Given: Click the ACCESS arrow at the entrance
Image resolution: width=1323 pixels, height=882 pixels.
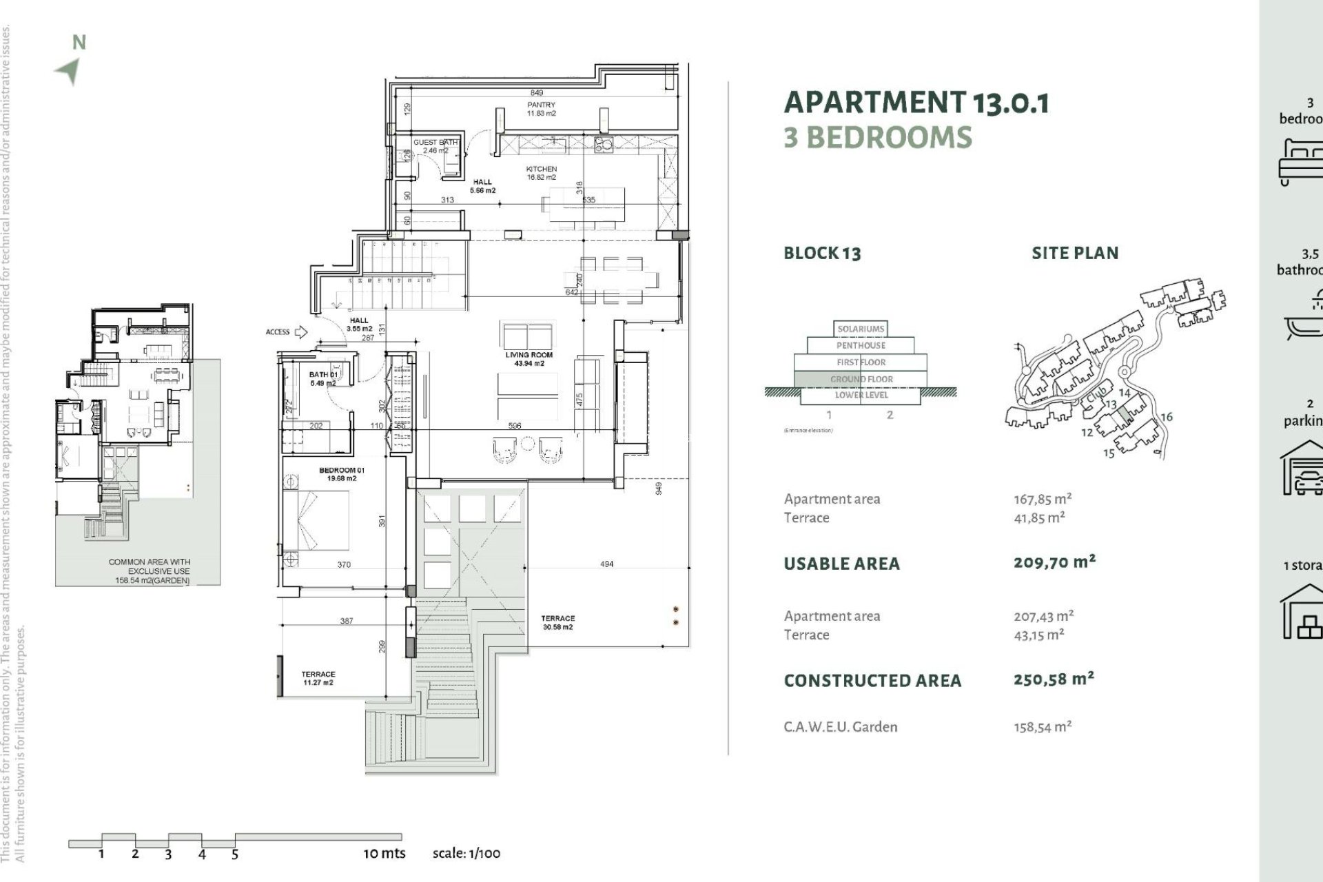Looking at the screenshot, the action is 300,332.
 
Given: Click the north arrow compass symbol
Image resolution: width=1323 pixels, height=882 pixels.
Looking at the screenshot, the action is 69,70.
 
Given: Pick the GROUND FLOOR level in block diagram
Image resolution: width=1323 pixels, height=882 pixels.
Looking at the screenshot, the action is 861,379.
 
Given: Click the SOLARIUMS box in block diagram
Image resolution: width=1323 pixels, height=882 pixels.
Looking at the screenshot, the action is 861,329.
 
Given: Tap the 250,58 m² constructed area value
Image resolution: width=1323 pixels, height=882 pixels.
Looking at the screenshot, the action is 1054,679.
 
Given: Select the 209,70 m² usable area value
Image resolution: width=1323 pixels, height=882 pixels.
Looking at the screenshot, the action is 1054,562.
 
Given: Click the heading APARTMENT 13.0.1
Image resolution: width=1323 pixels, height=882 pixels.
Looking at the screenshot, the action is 916,103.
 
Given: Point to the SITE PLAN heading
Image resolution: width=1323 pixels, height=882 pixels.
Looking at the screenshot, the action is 1074,253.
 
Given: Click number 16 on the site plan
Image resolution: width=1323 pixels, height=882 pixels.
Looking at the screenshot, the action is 1166,417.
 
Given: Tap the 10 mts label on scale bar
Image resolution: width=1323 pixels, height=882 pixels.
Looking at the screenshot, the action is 384,853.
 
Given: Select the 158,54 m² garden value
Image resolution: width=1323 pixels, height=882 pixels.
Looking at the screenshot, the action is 1042,727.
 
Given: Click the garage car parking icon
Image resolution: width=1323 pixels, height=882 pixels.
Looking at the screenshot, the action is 1302,469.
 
